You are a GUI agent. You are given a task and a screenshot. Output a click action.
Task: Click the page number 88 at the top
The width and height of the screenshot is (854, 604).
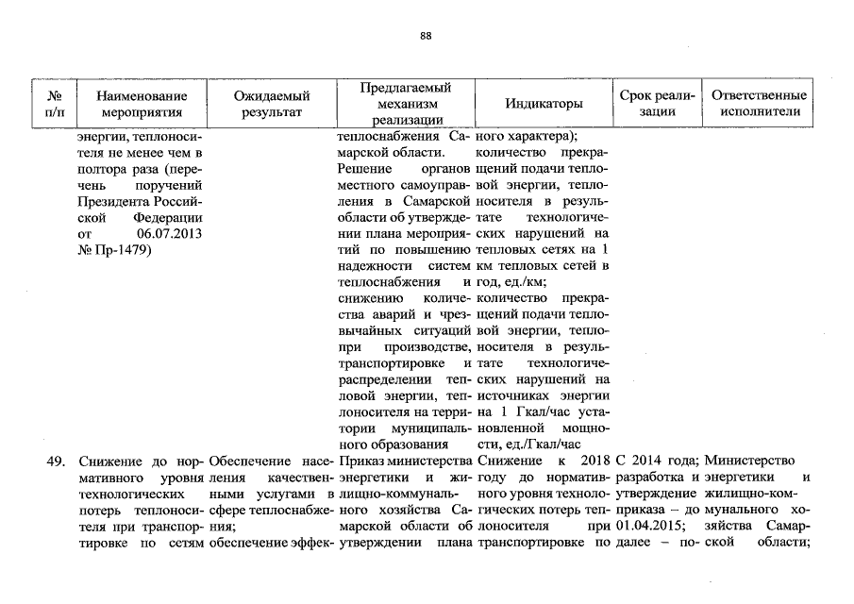[426, 36]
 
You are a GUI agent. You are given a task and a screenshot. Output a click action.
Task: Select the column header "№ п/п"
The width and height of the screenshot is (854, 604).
[55, 104]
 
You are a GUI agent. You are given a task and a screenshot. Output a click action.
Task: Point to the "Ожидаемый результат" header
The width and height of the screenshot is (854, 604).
[272, 104]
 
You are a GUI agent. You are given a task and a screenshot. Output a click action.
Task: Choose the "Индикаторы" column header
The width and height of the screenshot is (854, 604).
[544, 104]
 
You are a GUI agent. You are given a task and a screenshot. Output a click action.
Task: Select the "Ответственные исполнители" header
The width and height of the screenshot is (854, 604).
[759, 104]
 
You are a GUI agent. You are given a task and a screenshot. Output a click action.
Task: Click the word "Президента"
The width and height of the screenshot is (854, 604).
[111, 202]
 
